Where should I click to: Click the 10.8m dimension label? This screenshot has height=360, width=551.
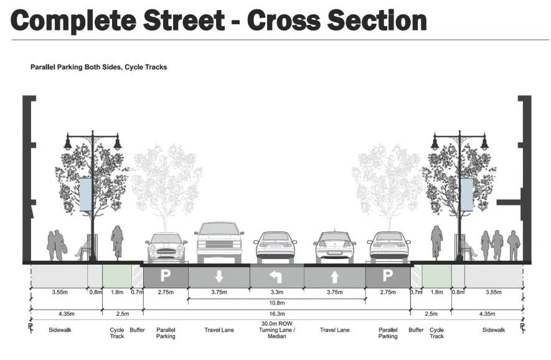pyautogui.click(x=276, y=303)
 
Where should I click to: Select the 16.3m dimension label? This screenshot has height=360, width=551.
pyautogui.click(x=276, y=313)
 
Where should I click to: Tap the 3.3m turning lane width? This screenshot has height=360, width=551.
pyautogui.click(x=276, y=291)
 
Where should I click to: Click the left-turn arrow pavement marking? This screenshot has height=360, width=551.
pyautogui.click(x=276, y=275)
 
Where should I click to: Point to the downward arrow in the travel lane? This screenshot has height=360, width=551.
pyautogui.click(x=219, y=276)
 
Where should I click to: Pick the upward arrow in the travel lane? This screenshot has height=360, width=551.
pyautogui.click(x=334, y=276)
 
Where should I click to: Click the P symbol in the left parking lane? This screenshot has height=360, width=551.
pyautogui.click(x=166, y=275)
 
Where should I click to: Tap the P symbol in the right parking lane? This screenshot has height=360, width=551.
pyautogui.click(x=387, y=275)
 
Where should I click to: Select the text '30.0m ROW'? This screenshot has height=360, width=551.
pyautogui.click(x=276, y=323)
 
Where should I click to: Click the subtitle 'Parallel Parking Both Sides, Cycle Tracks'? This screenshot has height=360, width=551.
pyautogui.click(x=98, y=67)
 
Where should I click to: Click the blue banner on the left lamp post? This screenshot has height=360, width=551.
pyautogui.click(x=86, y=195)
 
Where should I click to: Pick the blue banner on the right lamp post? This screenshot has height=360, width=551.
pyautogui.click(x=466, y=195)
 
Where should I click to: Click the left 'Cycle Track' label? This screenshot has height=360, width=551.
pyautogui.click(x=117, y=333)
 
